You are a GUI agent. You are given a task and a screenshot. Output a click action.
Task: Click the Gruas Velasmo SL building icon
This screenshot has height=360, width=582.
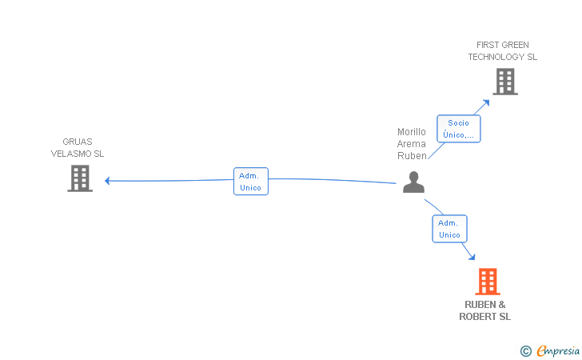[x=80, y=178]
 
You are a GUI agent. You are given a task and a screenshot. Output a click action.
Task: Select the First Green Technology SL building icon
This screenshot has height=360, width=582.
[x=504, y=81]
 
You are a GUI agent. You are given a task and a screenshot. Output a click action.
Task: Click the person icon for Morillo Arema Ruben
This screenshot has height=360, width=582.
[x=413, y=182]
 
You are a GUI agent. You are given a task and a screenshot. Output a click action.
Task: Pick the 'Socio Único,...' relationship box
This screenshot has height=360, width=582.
[x=458, y=129]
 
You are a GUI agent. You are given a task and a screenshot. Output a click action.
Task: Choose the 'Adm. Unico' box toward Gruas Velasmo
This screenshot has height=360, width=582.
[x=250, y=181]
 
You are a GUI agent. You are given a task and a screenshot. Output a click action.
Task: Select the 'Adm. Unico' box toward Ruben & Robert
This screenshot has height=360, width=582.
[x=449, y=229]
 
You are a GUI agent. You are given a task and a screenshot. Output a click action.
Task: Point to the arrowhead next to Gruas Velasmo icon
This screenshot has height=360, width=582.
[x=107, y=181]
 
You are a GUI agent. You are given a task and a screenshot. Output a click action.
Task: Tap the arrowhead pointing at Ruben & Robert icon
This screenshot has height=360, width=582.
[x=472, y=256]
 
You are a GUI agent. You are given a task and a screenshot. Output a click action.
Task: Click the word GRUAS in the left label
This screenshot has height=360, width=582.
[x=78, y=142]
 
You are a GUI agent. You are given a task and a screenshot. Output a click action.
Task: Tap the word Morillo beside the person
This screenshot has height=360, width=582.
[x=412, y=132]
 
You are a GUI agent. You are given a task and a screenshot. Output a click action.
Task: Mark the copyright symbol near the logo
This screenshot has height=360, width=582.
[x=525, y=350]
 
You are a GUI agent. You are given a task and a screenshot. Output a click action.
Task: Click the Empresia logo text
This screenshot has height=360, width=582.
[x=556, y=350]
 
